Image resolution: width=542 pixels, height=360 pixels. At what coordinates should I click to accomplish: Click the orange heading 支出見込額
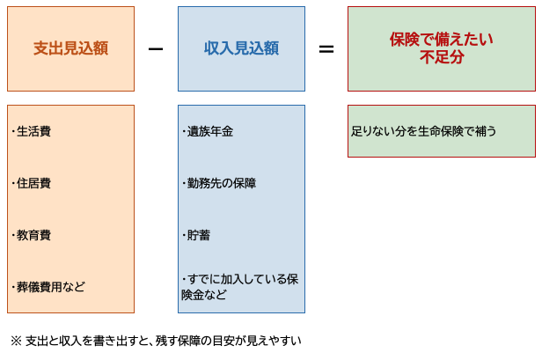pos(71,48)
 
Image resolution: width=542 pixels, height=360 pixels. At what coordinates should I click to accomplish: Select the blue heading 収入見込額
pos(241,48)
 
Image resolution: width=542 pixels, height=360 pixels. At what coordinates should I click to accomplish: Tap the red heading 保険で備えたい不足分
pos(442,48)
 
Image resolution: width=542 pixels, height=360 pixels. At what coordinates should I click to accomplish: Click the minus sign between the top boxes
pos(156,49)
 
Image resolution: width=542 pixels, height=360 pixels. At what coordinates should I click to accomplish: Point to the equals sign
pos(326,49)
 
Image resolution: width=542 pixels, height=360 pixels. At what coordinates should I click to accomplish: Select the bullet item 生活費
pos(31,131)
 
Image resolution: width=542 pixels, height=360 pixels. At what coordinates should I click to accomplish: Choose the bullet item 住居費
pos(31,183)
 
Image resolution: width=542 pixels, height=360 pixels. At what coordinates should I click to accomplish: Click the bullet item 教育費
pos(31,235)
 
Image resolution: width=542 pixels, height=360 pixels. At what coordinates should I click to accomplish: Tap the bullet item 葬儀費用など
pos(48,287)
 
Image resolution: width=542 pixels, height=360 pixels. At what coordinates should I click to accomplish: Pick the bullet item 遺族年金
pos(208,131)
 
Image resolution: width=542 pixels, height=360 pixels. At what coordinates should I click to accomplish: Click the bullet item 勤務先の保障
pos(219,183)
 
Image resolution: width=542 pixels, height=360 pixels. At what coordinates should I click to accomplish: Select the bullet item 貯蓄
pos(196,235)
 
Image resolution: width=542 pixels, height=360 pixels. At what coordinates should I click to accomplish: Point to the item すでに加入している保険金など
pos(240,287)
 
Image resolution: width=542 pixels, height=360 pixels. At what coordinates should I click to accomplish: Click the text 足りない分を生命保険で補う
pos(424,131)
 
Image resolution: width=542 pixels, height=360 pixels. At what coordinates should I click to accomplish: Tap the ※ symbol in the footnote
pos(16,341)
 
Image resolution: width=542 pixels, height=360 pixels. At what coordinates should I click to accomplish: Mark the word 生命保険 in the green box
pos(440,131)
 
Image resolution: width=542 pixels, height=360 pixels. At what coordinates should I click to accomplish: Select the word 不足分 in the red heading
pos(442,57)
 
